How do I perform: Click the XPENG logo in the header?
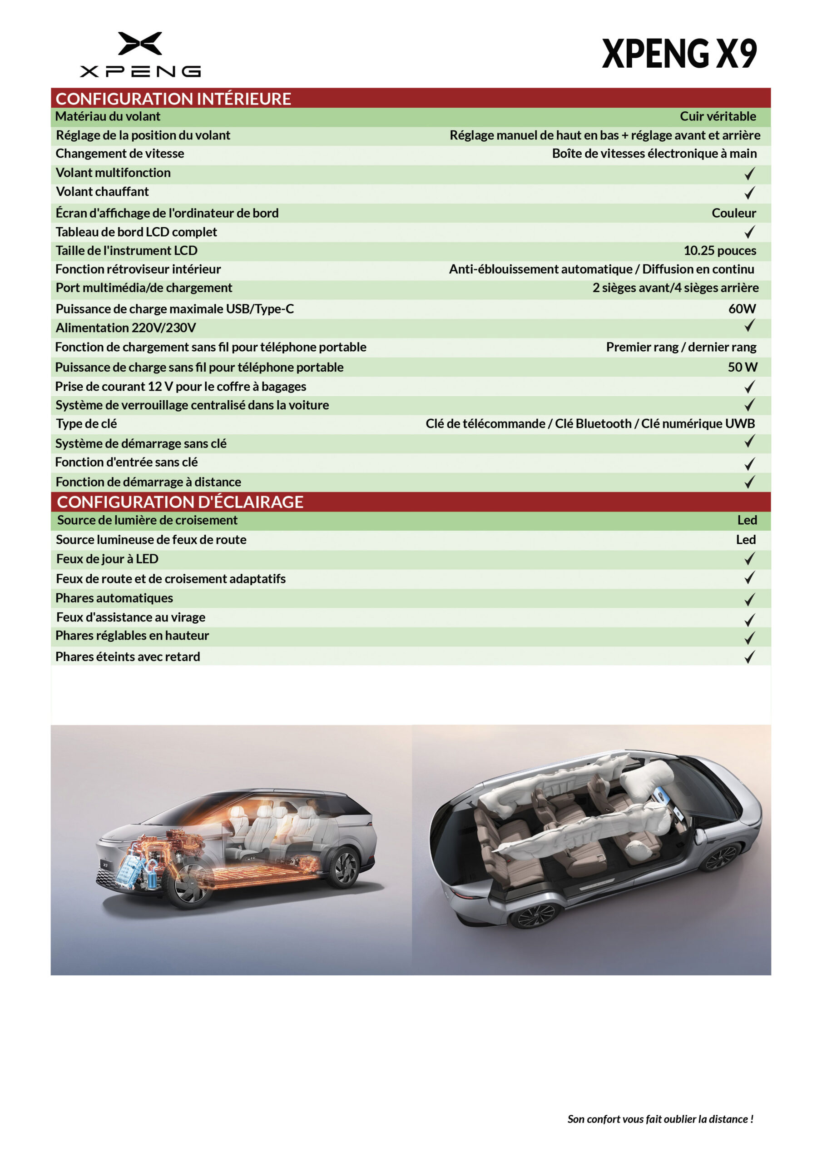coord(140,54)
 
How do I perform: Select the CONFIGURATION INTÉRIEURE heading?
coord(173,98)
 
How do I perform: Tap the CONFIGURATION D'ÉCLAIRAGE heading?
coord(180,502)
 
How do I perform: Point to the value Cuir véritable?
coord(717,116)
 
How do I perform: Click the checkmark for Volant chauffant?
coord(749,193)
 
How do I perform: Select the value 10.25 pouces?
coord(719,251)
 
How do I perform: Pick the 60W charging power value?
coord(742,308)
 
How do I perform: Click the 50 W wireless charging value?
coord(742,367)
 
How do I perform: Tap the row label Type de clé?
coord(86,423)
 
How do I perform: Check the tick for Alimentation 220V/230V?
coord(749,326)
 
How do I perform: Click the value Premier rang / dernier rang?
coord(681,347)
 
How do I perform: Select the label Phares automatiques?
coord(114,598)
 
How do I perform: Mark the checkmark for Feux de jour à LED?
coord(749,559)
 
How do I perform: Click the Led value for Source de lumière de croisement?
coord(747,520)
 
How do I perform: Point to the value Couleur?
coord(733,213)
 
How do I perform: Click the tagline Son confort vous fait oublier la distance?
coord(660,1119)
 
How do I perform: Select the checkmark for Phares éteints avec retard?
coord(749,657)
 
